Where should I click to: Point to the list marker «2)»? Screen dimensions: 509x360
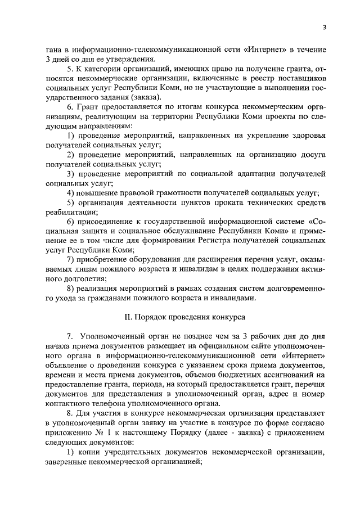point(71,155)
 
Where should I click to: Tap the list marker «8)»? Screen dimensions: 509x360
point(71,288)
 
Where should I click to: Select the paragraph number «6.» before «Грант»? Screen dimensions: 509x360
point(70,107)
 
